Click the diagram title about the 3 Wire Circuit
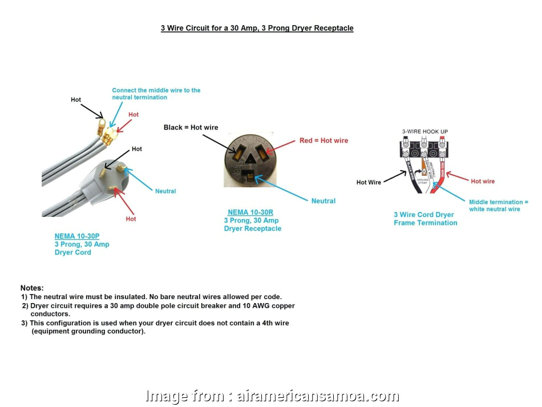257,28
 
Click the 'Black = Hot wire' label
191,127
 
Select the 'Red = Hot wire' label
323,140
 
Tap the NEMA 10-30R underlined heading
252,212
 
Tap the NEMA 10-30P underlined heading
80,236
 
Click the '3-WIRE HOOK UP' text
424,132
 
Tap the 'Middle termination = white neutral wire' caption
498,205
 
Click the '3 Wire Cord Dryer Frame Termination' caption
425,219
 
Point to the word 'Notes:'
32,288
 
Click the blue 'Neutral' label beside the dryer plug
165,191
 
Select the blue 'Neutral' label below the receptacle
323,201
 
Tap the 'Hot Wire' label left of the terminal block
369,183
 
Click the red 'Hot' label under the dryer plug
131,219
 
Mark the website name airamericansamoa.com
317,396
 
